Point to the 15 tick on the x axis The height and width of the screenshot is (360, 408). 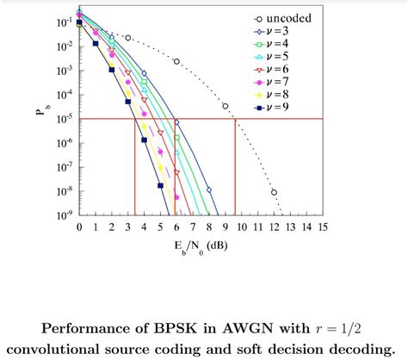[322, 227]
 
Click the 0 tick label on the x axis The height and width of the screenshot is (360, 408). [79, 227]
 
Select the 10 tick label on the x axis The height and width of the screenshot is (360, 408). [241, 227]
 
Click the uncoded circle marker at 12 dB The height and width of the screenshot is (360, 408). [274, 192]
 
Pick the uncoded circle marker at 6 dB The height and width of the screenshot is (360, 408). [176, 61]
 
